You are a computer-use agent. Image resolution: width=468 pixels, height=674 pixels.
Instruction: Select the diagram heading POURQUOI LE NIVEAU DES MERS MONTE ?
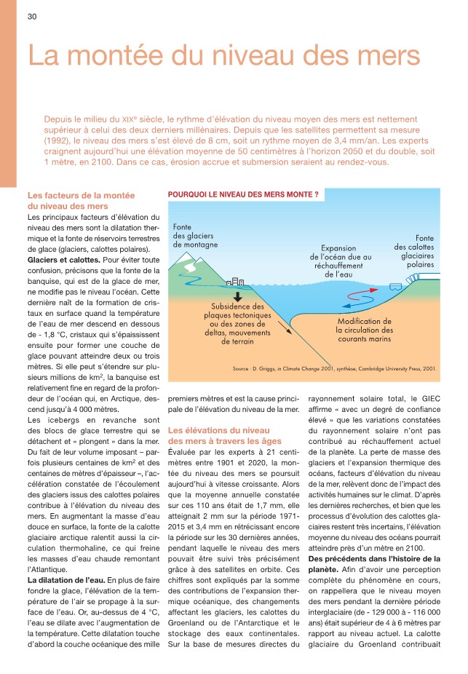click(243, 195)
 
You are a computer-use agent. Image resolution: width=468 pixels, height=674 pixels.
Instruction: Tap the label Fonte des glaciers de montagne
click(195, 236)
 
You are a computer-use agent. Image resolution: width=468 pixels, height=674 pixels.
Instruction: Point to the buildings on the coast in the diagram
click(237, 281)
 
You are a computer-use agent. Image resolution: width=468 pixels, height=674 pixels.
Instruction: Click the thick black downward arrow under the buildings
click(238, 296)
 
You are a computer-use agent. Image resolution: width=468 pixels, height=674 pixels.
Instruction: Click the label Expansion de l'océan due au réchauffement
click(341, 261)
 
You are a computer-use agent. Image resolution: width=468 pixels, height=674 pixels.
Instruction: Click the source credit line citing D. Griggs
click(334, 369)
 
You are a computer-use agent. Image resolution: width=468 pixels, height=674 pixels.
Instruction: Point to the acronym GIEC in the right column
click(426, 398)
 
